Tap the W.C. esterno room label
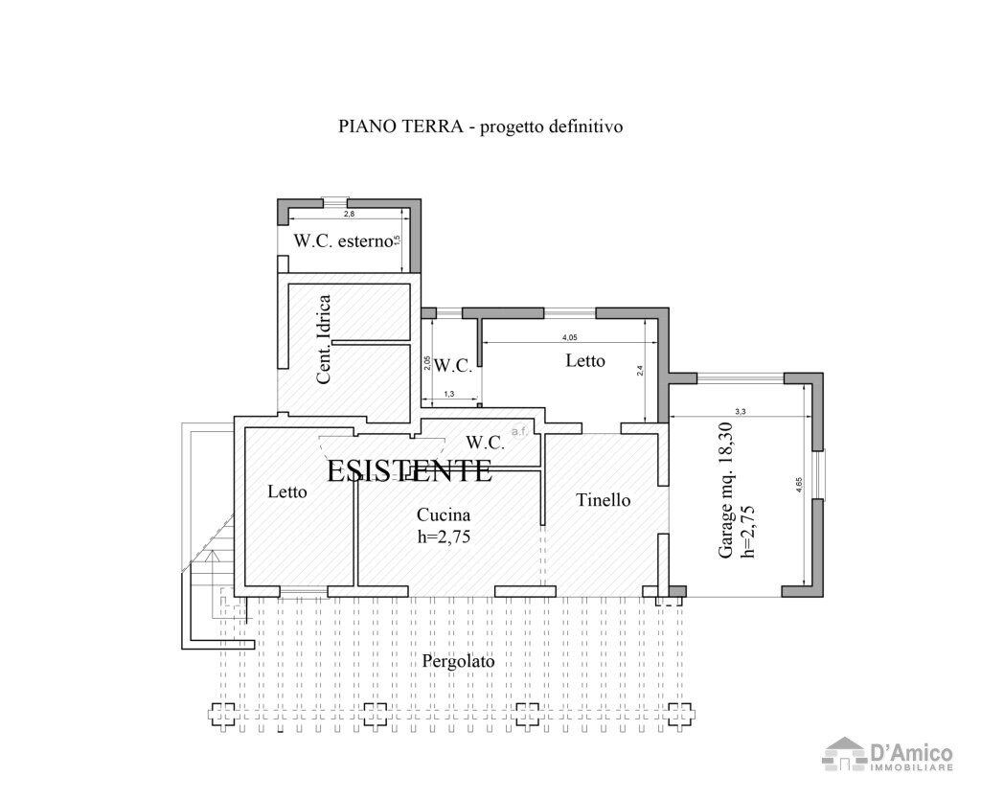(344, 241)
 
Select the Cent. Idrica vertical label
(324, 339)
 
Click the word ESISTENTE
(409, 470)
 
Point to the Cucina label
(443, 515)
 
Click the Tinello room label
(603, 500)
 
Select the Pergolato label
(459, 662)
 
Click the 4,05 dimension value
(569, 337)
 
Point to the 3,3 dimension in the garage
(740, 411)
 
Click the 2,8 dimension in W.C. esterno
(349, 215)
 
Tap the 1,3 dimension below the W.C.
(449, 395)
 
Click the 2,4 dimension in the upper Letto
(640, 372)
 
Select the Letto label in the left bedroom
(287, 492)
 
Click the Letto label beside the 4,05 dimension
(585, 361)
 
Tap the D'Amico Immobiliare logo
(888, 754)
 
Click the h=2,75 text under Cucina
(445, 536)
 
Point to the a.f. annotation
(519, 432)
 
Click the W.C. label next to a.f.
(486, 443)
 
